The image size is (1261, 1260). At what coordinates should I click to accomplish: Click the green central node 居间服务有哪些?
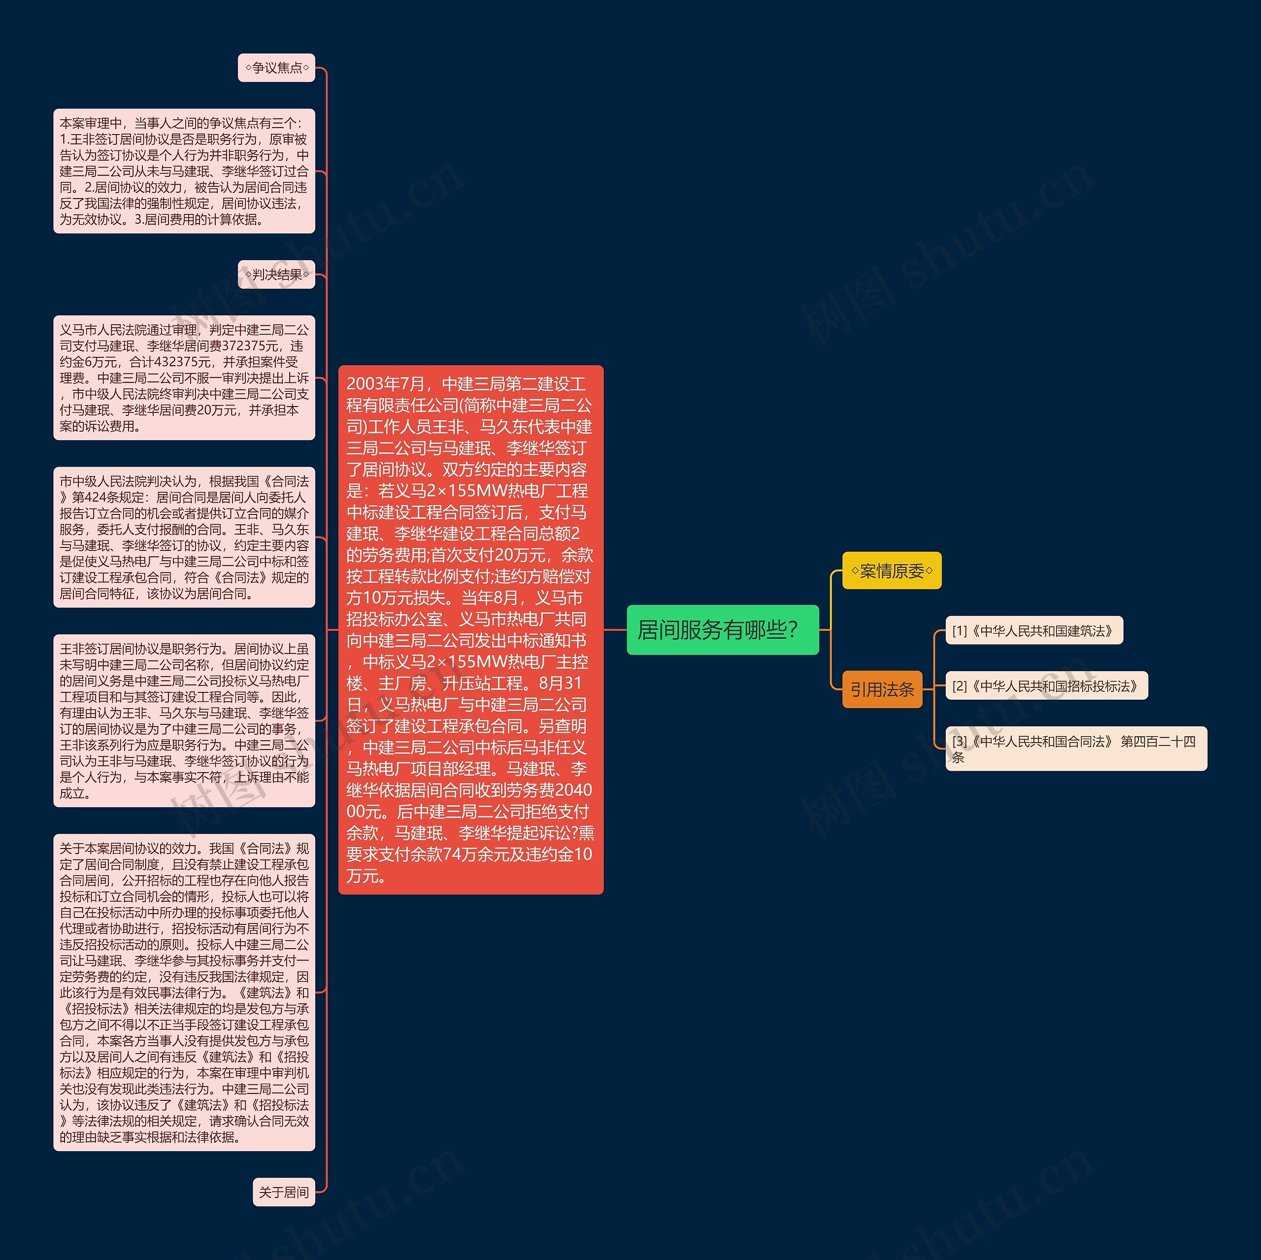pyautogui.click(x=722, y=629)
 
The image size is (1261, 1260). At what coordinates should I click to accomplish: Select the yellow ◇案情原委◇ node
pyautogui.click(x=891, y=571)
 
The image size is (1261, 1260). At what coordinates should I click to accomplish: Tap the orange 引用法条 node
pyautogui.click(x=881, y=689)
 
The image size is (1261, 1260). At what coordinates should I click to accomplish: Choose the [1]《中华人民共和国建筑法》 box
pyautogui.click(x=1033, y=631)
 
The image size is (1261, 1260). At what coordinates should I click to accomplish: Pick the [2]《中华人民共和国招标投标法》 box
pyautogui.click(x=1046, y=685)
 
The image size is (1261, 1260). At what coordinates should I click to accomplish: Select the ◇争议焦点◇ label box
pyautogui.click(x=277, y=68)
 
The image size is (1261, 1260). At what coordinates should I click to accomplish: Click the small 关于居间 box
pyautogui.click(x=283, y=1192)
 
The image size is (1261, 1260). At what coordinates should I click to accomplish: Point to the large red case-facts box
pyautogui.click(x=470, y=629)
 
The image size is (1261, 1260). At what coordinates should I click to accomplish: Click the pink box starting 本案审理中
pyautogui.click(x=184, y=171)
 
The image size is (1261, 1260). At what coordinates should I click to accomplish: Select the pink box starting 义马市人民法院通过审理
pyautogui.click(x=184, y=377)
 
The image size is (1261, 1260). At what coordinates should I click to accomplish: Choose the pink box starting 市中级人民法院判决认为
pyautogui.click(x=184, y=537)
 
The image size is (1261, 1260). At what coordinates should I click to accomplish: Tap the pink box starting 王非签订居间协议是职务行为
pyautogui.click(x=184, y=721)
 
